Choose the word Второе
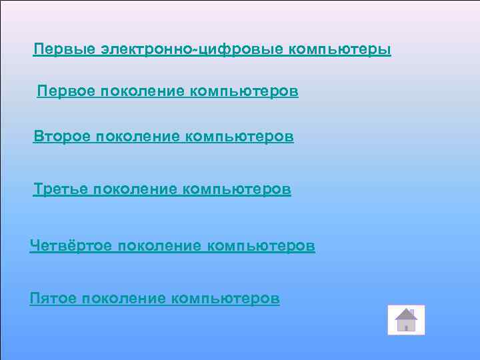pos(63,137)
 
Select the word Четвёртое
pos(71,247)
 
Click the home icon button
pos(405,320)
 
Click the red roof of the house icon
pos(405,313)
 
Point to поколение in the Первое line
pos(143,91)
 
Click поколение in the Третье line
pos(137,190)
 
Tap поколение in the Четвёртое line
pos(159,247)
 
